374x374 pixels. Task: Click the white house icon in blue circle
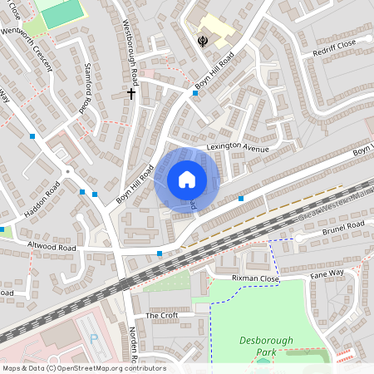coord(187,180)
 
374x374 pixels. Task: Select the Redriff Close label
coord(335,43)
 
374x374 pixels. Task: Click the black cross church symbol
coord(130,94)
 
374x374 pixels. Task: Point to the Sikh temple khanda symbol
coord(202,40)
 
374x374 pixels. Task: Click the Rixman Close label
coord(255,278)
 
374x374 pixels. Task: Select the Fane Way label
coord(327,273)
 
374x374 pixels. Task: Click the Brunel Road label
coord(343,226)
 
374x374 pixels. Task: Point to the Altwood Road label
coord(52,247)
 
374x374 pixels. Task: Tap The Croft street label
coord(162,316)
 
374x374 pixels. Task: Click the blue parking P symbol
coord(93,338)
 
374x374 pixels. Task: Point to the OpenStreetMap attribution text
coord(83,368)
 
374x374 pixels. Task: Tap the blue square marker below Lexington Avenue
coord(241,198)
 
